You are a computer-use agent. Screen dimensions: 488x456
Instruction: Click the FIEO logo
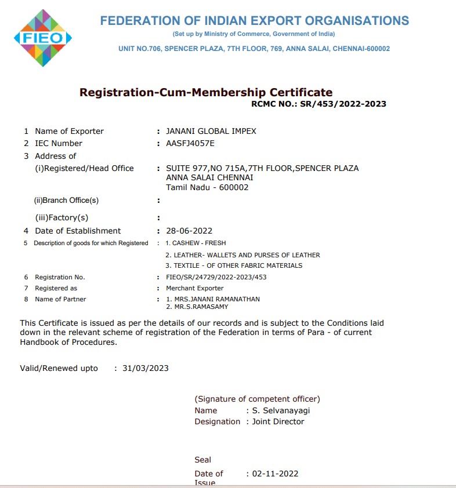42,38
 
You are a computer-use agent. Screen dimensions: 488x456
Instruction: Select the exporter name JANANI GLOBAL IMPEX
211,131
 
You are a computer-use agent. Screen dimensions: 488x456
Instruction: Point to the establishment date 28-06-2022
189,231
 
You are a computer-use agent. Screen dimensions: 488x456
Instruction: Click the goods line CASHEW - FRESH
196,243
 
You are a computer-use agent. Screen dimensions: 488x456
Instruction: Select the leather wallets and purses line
243,255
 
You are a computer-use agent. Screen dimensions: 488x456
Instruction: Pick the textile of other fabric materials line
234,265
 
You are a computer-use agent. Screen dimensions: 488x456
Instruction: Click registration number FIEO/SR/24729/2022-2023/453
216,277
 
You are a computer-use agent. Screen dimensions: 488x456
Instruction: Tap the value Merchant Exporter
195,288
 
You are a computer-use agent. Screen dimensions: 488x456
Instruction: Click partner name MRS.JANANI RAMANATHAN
213,299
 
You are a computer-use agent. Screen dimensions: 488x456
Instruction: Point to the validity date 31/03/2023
146,368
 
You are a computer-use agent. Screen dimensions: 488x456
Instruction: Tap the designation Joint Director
278,421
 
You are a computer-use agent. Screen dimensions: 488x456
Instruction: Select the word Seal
203,460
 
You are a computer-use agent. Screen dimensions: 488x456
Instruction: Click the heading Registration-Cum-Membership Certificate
206,92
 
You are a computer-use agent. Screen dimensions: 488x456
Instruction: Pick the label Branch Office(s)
67,201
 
